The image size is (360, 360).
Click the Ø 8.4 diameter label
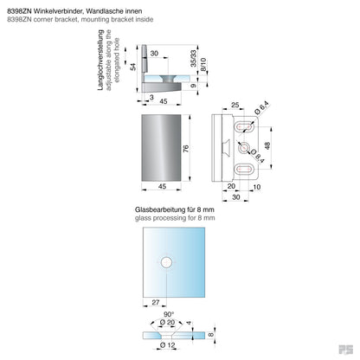259,155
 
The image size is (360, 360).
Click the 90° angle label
170,315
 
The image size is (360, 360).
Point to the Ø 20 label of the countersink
174,324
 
